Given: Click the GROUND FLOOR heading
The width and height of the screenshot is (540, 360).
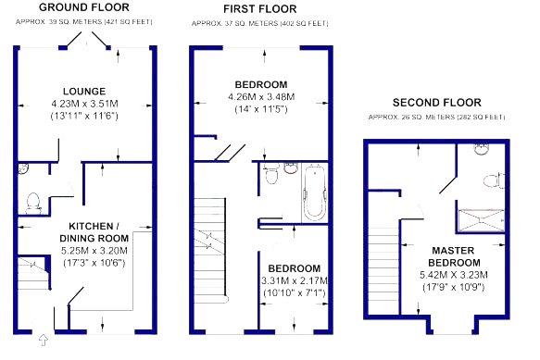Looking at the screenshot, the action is [x=84, y=7].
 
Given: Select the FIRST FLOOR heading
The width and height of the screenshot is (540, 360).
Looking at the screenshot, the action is [x=260, y=9].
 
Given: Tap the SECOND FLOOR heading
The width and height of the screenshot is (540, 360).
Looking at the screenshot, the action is [x=437, y=103].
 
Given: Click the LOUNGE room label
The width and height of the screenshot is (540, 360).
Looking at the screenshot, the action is [x=84, y=92].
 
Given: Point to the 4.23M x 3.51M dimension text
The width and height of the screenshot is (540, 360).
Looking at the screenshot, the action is [x=84, y=104].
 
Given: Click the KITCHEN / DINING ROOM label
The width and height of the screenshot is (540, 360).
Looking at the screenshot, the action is [x=94, y=232].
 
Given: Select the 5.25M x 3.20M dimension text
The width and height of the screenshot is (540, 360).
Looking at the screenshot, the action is [x=94, y=251].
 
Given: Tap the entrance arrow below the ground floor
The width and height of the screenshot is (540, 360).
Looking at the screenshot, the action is [x=43, y=340].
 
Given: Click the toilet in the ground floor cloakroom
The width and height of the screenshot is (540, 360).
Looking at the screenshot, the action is [x=33, y=203].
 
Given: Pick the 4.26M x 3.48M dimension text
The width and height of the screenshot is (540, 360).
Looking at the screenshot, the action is [x=261, y=97].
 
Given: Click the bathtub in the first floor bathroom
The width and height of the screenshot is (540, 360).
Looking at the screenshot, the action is [x=315, y=193].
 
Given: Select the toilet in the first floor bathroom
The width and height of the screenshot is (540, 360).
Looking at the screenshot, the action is [x=271, y=174].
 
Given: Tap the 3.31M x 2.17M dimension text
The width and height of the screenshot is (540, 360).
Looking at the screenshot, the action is [x=295, y=280].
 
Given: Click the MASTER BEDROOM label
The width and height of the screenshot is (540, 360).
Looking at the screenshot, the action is [x=454, y=256].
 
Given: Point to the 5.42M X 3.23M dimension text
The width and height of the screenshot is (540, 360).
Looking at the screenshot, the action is [x=454, y=275].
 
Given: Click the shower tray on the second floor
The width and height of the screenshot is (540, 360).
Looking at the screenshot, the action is [x=482, y=219].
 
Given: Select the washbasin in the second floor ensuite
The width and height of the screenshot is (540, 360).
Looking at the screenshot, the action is [x=482, y=149].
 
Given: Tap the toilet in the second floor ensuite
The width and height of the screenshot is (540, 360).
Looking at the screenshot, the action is [x=494, y=180].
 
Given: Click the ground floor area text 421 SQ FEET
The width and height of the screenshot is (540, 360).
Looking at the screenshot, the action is [x=129, y=21].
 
